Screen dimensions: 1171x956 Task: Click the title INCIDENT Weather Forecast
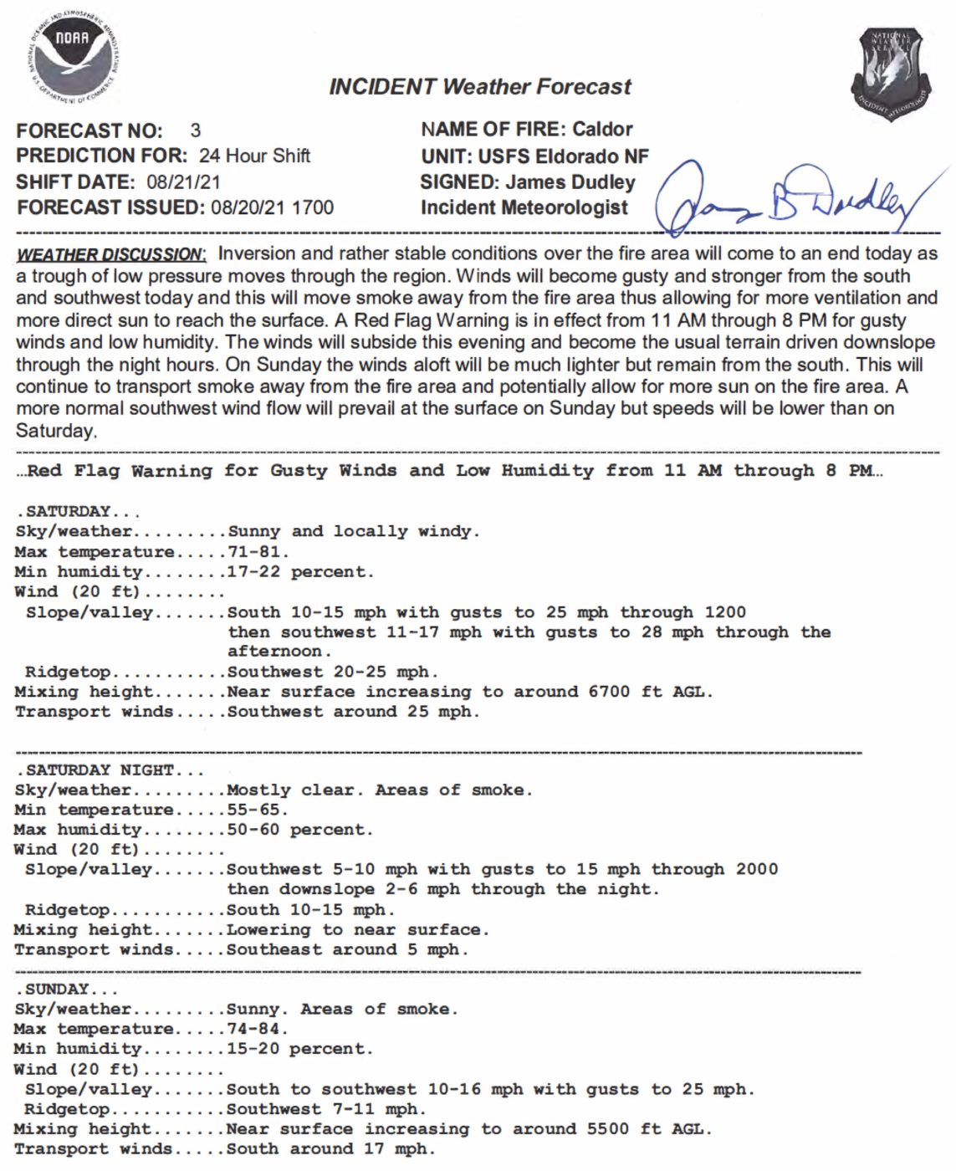[x=480, y=86]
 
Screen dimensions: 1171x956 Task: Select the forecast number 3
[x=196, y=130]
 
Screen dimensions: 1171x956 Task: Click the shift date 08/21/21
[x=183, y=182]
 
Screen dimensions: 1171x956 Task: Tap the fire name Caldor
[x=602, y=129]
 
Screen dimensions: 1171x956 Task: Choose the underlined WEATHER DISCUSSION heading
[x=110, y=254]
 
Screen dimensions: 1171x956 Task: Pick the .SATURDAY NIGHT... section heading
[x=110, y=770]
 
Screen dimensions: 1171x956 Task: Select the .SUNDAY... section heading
[x=64, y=989]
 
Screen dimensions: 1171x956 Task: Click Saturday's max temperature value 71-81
[x=258, y=552]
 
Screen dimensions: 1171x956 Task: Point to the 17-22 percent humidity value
[x=300, y=572]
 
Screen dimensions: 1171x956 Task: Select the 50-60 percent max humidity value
[x=299, y=830]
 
